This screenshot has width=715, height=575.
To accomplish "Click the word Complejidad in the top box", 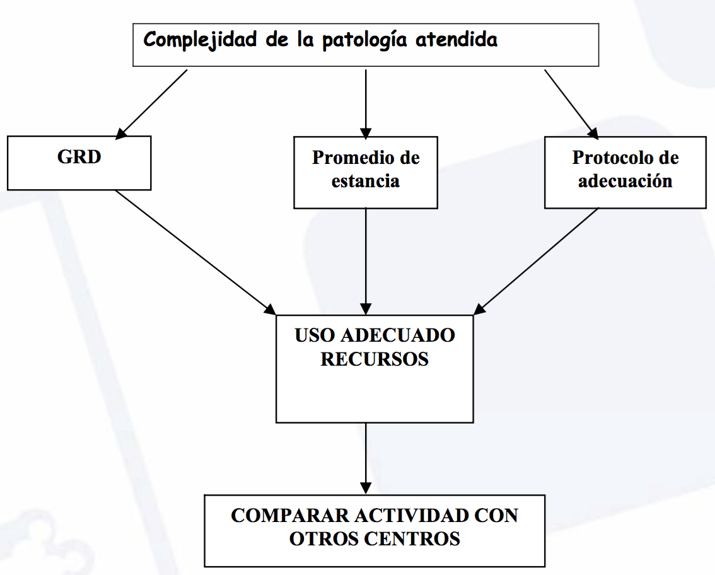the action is click(200, 40).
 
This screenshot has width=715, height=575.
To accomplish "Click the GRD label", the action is click(79, 157).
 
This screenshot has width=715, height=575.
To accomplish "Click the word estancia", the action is click(365, 181).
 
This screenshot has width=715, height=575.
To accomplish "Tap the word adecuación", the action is click(625, 181).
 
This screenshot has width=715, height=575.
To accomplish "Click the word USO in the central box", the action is click(315, 335).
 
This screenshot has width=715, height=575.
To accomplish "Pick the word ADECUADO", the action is click(398, 335).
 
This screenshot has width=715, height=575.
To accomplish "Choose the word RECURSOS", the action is click(375, 359).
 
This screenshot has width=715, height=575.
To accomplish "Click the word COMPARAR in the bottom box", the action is click(290, 516).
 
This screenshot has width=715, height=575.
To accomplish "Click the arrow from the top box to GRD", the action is click(151, 105).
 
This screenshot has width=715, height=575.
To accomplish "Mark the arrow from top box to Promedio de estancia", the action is click(366, 105).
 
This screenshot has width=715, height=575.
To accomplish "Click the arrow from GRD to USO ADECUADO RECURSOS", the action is click(196, 253).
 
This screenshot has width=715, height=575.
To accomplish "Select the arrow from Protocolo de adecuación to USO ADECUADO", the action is click(536, 261).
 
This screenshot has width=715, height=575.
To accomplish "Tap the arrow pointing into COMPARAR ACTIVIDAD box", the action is click(366, 458).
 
